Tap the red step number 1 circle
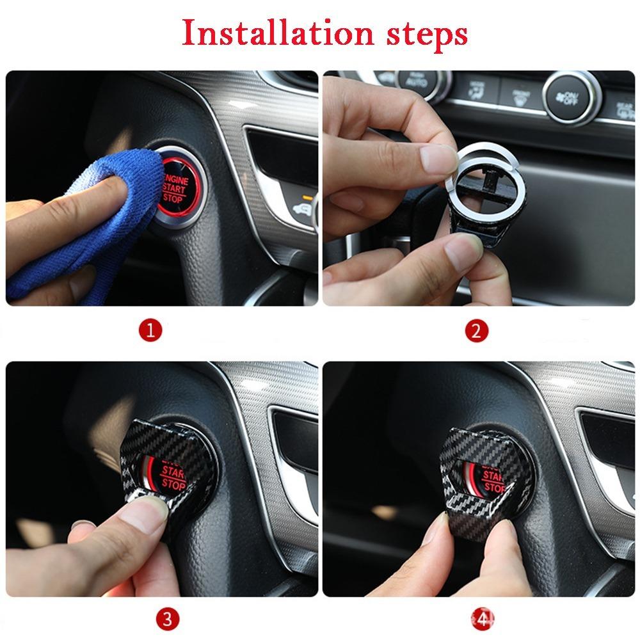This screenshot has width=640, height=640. tap(151, 331)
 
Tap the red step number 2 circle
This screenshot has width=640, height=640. tap(476, 331)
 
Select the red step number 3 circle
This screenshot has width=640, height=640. tap(166, 618)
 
